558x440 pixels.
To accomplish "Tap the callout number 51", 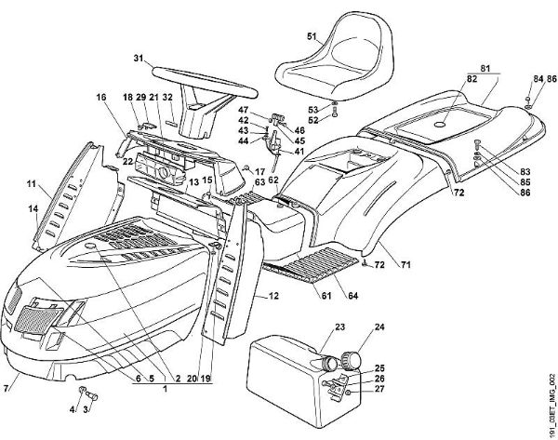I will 312,37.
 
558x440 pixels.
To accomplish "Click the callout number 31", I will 138,60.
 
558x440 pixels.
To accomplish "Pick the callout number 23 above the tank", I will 339,327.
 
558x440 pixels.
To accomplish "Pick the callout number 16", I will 100,96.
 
